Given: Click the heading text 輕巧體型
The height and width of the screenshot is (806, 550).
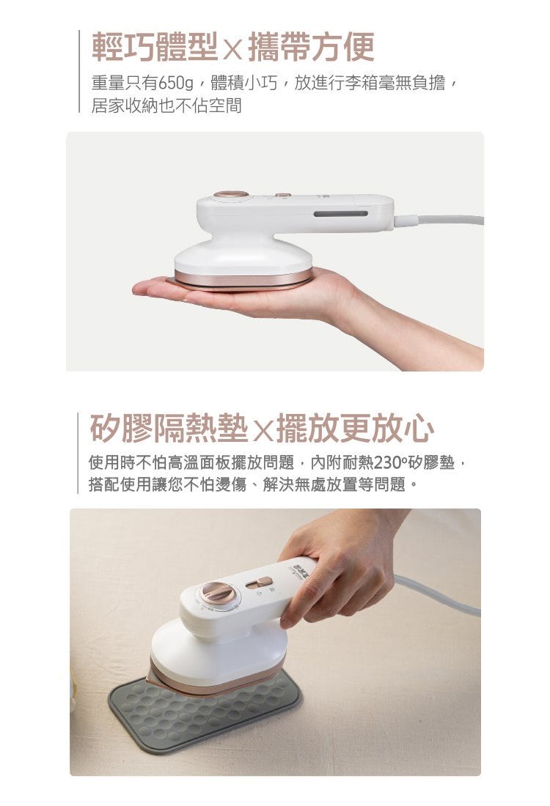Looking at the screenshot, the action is tap(154, 47).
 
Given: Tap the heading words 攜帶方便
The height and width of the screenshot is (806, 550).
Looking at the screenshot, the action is tap(311, 47).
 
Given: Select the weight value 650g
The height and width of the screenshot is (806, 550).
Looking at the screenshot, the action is tap(176, 83).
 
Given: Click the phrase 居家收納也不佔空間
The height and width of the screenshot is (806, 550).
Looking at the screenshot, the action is tap(166, 106).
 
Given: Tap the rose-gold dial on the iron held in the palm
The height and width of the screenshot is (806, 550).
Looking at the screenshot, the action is tap(231, 194).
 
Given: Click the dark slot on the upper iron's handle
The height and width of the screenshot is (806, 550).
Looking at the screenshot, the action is tap(340, 213).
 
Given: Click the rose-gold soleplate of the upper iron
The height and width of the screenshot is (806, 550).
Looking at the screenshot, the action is tap(243, 278).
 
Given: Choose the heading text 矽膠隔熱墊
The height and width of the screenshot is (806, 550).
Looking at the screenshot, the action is tap(169, 428).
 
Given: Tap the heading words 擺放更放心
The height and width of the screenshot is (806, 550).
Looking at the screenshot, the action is tap(355, 428).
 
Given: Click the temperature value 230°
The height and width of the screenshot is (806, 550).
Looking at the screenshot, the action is tap(391, 462).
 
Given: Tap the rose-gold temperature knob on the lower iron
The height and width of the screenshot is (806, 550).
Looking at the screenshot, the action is tap(219, 594).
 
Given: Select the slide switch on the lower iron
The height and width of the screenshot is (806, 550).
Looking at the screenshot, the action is tap(260, 583).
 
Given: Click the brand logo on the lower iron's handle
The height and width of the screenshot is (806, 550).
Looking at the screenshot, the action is tap(298, 569).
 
